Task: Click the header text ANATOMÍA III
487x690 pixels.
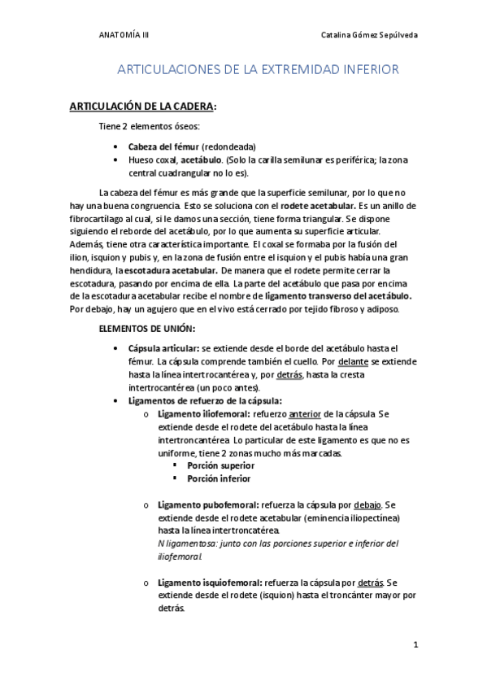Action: point(123,35)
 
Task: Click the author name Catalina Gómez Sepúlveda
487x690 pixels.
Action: point(371,35)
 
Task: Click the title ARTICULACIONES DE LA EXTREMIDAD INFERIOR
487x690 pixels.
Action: point(259,70)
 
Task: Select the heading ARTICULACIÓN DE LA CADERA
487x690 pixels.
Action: point(154,107)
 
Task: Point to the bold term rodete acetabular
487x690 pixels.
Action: point(315,206)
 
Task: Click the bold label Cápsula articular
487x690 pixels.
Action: point(163,347)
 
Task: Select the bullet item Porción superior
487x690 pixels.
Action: point(220,465)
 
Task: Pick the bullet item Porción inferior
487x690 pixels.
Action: point(219,478)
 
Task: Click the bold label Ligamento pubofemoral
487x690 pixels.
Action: point(208,504)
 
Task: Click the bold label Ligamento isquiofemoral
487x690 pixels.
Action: point(210,583)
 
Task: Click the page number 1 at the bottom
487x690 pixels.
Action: point(415,645)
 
